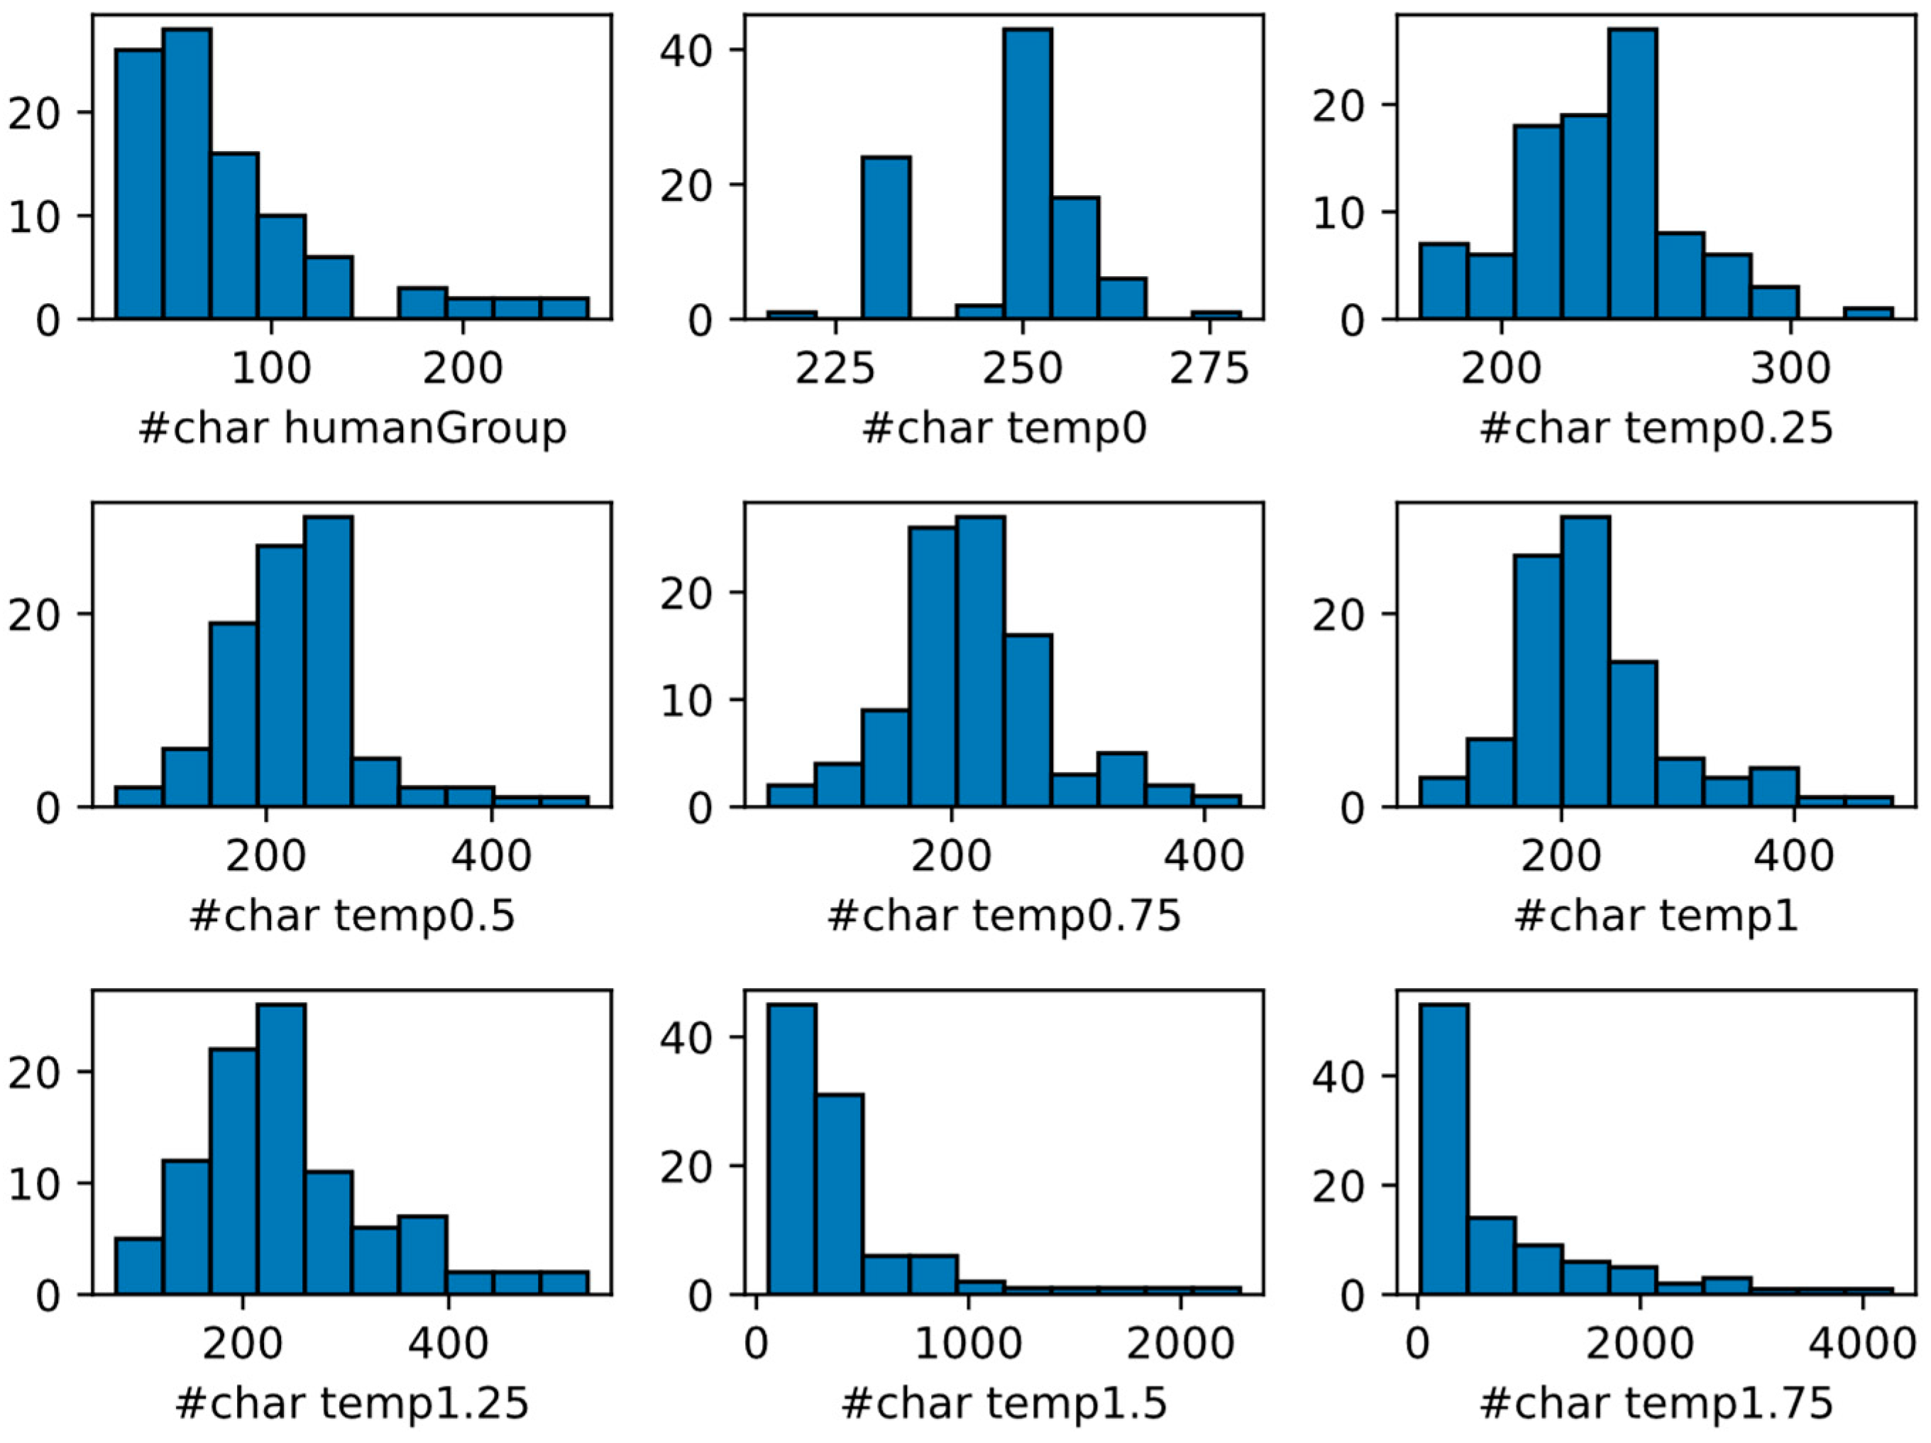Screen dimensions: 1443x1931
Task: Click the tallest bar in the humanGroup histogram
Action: pos(187,175)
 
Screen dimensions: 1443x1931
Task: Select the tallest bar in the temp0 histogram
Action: pos(1028,175)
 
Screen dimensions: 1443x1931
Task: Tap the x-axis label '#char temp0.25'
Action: pos(1656,428)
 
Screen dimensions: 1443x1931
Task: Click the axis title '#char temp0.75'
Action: pos(1004,916)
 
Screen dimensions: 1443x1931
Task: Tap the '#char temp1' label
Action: pos(1656,916)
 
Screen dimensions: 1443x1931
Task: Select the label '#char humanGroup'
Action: pos(353,428)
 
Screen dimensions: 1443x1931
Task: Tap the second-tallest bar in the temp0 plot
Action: pos(886,238)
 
